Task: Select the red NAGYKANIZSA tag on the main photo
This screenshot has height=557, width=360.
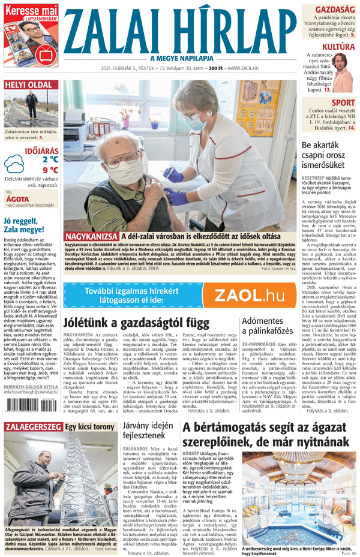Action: pos(90,237)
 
